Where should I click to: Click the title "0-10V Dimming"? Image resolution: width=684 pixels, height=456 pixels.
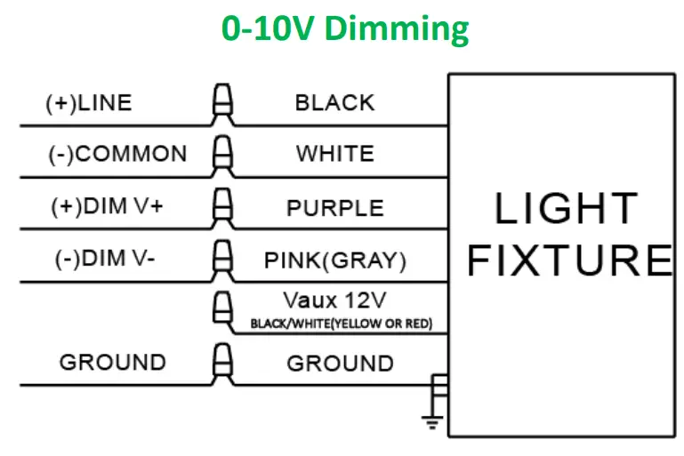345,29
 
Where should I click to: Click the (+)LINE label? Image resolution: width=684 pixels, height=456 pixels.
88,102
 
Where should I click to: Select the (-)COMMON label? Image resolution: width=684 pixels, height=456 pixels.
117,154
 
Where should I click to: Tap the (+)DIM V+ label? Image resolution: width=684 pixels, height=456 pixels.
107,206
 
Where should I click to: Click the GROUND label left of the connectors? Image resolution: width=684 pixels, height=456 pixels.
112,363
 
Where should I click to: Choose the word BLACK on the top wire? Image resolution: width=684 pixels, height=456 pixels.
334,102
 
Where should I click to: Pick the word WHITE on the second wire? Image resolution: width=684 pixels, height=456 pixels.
334,154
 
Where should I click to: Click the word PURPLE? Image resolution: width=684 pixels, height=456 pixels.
334,208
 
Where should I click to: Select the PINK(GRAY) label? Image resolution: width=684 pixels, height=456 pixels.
334,260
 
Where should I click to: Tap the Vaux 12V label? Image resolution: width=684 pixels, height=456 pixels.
334,298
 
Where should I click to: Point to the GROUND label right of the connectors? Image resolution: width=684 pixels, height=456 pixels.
340,363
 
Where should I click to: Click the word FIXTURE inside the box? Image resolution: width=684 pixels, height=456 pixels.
569,260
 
